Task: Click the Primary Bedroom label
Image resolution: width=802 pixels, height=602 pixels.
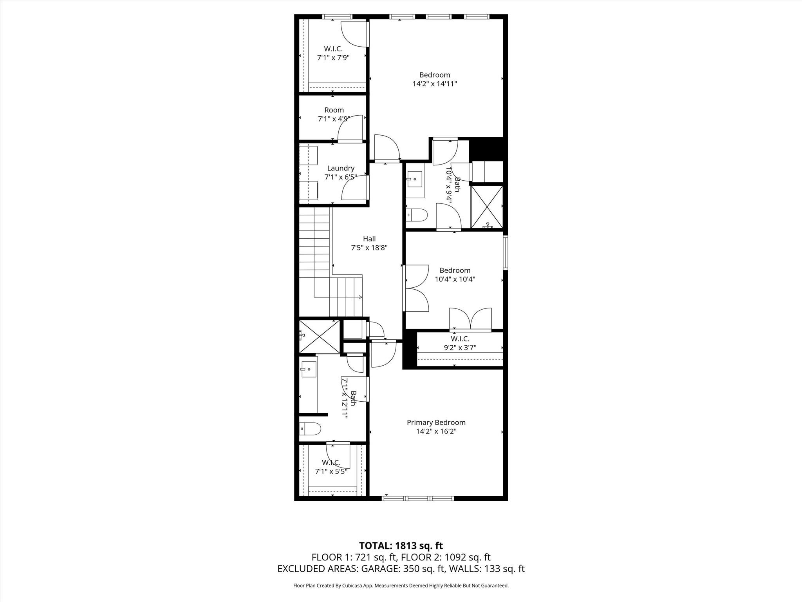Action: coord(436,422)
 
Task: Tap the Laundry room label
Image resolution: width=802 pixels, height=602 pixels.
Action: coord(341,169)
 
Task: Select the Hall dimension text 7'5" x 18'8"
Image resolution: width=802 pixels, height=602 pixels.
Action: coord(369,248)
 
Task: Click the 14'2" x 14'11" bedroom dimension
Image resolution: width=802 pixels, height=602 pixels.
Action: coord(435,83)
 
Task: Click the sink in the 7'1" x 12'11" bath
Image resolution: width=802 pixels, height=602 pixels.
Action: coord(309,369)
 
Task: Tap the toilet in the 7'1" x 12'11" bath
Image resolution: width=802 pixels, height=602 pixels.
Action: coord(310,428)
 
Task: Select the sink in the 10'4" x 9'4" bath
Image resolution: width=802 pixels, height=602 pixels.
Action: coord(415,180)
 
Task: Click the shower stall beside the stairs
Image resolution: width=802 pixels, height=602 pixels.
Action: coord(320,336)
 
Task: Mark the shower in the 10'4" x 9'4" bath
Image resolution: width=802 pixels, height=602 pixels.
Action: coord(487,207)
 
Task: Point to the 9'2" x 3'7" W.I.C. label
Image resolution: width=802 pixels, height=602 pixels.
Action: coord(460,339)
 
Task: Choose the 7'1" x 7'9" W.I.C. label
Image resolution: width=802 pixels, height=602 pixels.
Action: coord(333,49)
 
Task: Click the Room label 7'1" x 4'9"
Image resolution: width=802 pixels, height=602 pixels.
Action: coord(334,110)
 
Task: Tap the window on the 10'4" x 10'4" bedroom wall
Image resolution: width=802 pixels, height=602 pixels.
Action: coord(505,252)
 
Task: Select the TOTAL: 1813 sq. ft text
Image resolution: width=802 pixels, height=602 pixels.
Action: coord(401,546)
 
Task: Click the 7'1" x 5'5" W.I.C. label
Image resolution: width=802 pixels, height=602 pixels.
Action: coord(331,462)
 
